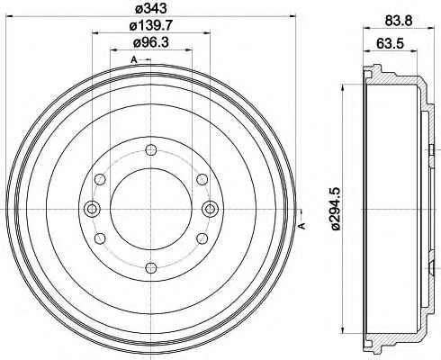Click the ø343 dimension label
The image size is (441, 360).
[150, 8]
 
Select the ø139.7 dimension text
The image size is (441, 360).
[151, 26]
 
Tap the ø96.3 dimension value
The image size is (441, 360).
[151, 43]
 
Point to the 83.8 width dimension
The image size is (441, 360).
[399, 21]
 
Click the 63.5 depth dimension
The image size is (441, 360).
[390, 43]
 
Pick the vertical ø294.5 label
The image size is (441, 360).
[336, 209]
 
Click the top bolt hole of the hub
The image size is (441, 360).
[150, 150]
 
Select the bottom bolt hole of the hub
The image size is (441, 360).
[150, 267]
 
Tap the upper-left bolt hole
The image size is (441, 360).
[100, 179]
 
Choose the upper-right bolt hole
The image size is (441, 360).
[202, 179]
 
